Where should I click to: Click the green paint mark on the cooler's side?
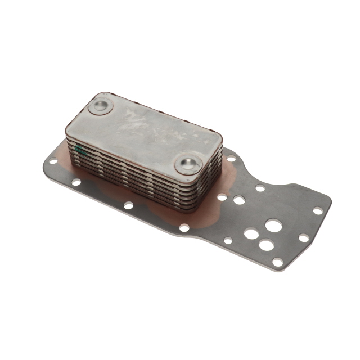click(80, 150)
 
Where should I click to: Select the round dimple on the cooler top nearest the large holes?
click(188, 164)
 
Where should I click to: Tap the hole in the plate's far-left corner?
click(52, 161)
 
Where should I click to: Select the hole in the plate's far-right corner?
click(318, 210)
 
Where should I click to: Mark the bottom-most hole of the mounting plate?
click(277, 261)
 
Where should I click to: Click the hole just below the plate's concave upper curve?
click(260, 188)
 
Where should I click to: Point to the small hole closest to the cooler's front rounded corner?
click(222, 196)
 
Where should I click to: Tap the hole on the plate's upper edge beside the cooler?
click(231, 159)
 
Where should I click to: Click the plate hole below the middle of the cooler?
click(129, 205)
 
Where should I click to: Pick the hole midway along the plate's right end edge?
click(304, 238)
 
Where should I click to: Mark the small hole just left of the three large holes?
click(228, 240)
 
